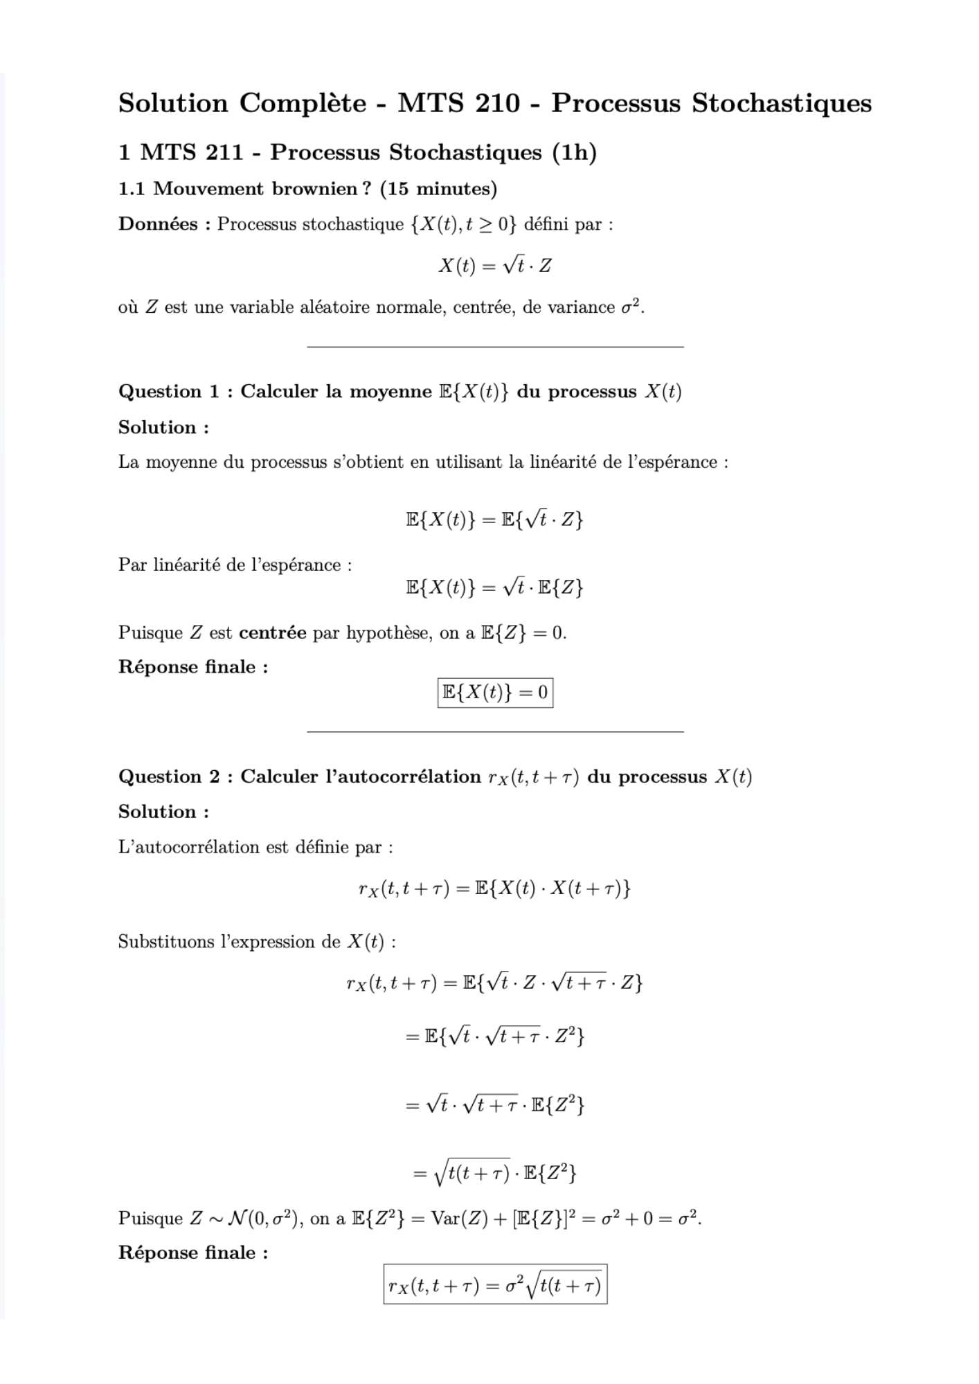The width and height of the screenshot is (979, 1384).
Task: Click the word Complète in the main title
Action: [x=303, y=104]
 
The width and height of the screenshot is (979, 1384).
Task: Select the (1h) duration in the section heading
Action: [x=574, y=152]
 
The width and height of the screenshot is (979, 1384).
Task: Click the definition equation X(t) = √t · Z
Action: [x=495, y=266]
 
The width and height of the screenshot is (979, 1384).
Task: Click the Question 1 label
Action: [x=169, y=392]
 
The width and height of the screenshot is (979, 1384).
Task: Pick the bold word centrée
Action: [x=272, y=633]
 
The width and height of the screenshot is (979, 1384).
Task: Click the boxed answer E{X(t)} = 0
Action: [x=495, y=693]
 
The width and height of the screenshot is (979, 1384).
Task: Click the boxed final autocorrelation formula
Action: [x=495, y=1285]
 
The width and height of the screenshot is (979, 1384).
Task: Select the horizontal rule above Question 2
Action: [x=495, y=731]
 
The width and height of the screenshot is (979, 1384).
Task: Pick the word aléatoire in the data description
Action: [x=333, y=307]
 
